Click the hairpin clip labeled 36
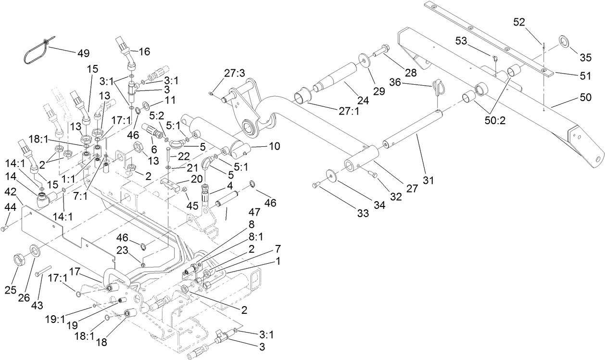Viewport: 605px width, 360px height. tap(440, 89)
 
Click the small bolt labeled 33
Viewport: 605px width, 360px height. tap(316, 184)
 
